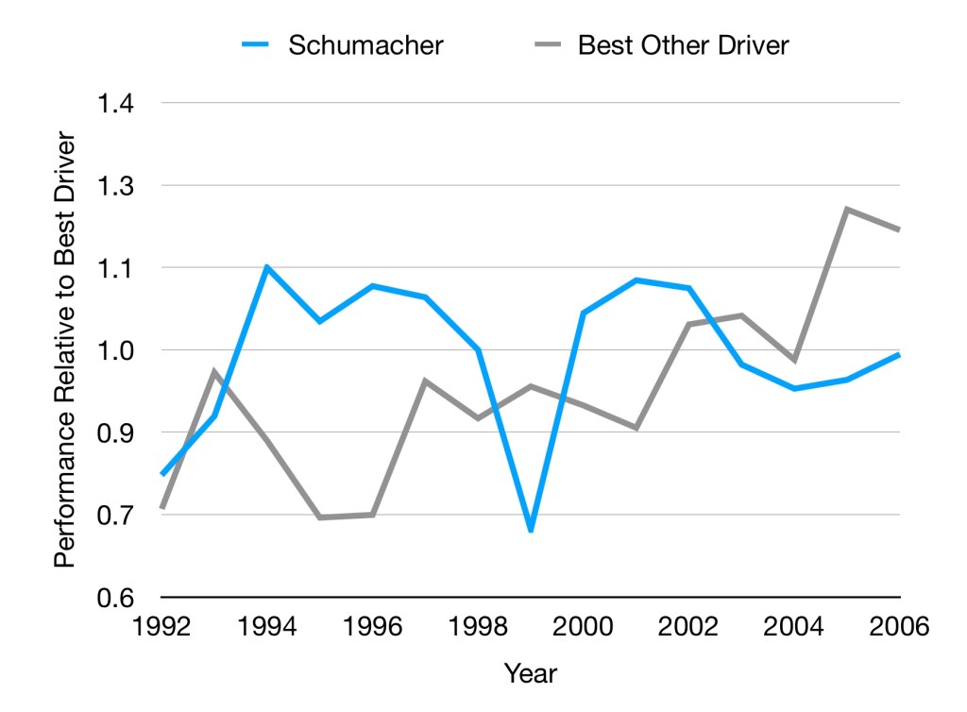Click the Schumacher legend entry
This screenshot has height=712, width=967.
point(365,45)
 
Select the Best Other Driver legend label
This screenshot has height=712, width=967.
point(683,45)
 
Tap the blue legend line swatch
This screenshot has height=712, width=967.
point(257,45)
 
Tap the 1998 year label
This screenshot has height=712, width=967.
point(478,626)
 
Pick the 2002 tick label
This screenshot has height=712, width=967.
point(688,626)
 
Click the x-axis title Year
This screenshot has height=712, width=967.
point(530,673)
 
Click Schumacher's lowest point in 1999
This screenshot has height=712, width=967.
point(531,531)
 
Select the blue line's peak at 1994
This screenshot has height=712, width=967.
point(267,267)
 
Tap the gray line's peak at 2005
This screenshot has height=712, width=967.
point(847,209)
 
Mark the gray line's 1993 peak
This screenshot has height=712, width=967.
point(215,371)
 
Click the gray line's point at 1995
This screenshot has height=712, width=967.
point(320,517)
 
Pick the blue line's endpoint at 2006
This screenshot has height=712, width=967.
point(899,355)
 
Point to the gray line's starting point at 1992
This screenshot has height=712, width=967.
point(162,508)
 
